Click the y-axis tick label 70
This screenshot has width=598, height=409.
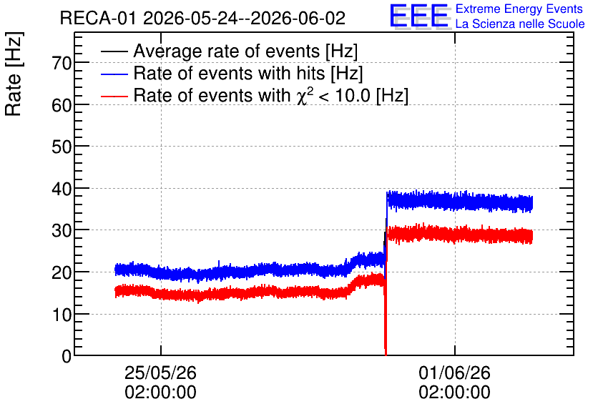pyautogui.click(x=62, y=63)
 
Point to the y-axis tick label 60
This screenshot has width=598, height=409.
pyautogui.click(x=62, y=105)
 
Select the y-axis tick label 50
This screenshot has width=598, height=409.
pyautogui.click(x=62, y=147)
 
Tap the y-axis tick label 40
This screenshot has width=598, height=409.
pyautogui.click(x=62, y=189)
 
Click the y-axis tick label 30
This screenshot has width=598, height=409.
pyautogui.click(x=62, y=231)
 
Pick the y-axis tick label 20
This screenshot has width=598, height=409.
pyautogui.click(x=62, y=272)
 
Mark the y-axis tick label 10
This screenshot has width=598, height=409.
pyautogui.click(x=62, y=315)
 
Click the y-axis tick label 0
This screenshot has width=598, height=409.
pyautogui.click(x=67, y=356)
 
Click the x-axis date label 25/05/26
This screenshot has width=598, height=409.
pyautogui.click(x=160, y=373)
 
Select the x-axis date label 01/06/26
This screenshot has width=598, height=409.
pyautogui.click(x=455, y=373)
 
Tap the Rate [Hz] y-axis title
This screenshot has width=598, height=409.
pyautogui.click(x=14, y=74)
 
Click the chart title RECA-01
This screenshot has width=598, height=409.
pyautogui.click(x=98, y=18)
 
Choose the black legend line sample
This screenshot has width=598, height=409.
pyautogui.click(x=114, y=51)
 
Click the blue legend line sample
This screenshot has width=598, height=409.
pyautogui.click(x=114, y=74)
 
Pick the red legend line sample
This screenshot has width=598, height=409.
pyautogui.click(x=114, y=96)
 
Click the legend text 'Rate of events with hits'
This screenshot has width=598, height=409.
pyautogui.click(x=229, y=73)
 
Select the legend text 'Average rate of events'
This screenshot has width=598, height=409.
pyautogui.click(x=227, y=51)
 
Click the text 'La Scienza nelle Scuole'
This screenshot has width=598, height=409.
pyautogui.click(x=520, y=24)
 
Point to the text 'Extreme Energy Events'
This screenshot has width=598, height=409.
pyautogui.click(x=519, y=9)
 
